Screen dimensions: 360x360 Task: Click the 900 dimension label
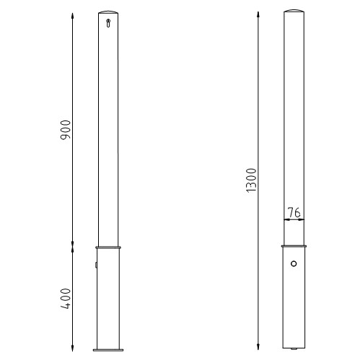click(66, 130)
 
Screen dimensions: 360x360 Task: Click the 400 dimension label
click(66, 299)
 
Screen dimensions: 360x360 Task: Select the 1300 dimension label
click(251, 180)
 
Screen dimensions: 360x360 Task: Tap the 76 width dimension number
click(294, 212)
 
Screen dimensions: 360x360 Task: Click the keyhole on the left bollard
click(108, 23)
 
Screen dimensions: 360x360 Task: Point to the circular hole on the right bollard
click(294, 263)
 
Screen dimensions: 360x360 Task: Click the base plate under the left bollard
click(108, 350)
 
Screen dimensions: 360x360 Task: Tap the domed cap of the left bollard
click(108, 12)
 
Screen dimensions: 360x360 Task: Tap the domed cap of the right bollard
click(294, 11)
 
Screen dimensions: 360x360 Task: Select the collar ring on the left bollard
click(108, 247)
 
